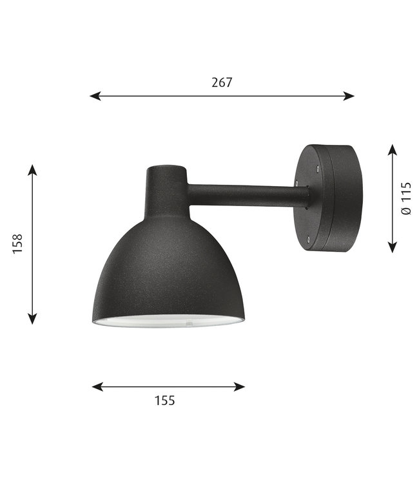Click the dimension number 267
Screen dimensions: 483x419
pos(221,82)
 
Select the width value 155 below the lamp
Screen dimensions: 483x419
pos(165,401)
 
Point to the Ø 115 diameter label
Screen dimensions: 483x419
pos(406,198)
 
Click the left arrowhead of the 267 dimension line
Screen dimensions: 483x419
pos(94,96)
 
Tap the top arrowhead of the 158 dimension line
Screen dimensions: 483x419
pos(33,169)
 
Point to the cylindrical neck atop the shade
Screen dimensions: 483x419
pos(166,184)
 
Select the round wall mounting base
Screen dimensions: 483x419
pos(326,196)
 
